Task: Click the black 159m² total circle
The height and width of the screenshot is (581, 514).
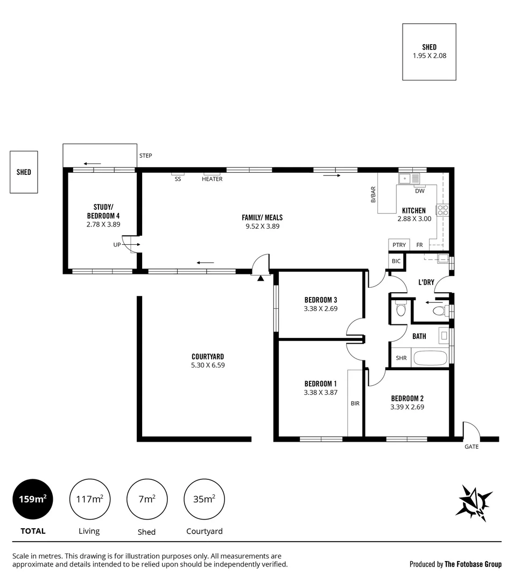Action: (33, 499)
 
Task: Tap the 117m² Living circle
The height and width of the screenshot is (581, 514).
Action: (89, 499)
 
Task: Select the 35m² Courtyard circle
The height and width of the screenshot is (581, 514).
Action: (204, 499)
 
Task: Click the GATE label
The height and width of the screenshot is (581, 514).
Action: (471, 447)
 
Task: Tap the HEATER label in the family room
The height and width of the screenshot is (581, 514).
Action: (212, 179)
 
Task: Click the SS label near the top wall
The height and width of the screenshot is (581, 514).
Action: (178, 179)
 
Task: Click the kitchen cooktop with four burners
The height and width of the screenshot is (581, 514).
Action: (442, 210)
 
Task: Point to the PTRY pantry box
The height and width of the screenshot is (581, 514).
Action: (399, 245)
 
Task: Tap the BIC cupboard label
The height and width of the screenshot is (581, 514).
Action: (396, 261)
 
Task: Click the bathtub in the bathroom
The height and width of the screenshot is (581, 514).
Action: (429, 358)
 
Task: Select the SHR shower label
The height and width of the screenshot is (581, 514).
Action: (401, 358)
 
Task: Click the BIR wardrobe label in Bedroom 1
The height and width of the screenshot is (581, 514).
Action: (355, 403)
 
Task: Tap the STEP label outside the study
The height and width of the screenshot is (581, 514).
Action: (145, 156)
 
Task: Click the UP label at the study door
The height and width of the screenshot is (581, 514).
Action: (117, 245)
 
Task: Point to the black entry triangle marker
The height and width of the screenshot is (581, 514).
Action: (260, 278)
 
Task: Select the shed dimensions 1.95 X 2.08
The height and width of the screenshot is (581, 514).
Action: (429, 55)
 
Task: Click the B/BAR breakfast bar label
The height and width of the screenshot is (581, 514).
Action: (372, 195)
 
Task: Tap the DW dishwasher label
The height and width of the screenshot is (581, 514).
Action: (420, 191)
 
